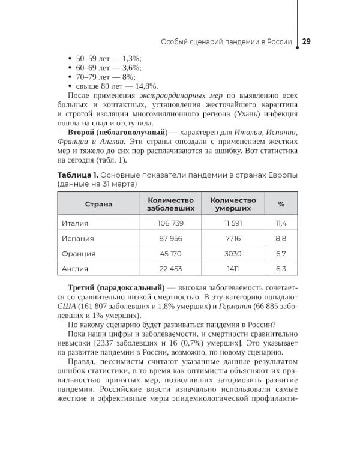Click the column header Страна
point(98,204)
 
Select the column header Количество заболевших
point(170,204)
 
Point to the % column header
point(281,204)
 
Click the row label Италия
point(76,223)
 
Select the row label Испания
point(78,238)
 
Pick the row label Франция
point(79,253)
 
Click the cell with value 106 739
point(170,223)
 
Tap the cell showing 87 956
point(170,238)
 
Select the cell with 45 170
point(170,253)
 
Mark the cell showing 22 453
point(170,269)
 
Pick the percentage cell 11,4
point(281,223)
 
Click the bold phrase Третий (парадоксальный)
point(112,288)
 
